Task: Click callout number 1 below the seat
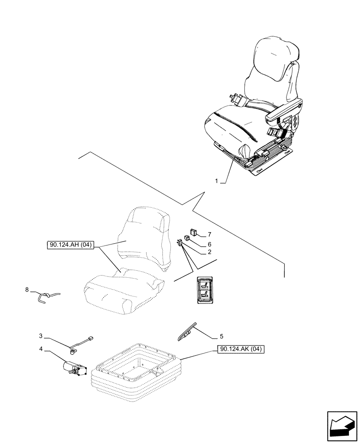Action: [x=216, y=181]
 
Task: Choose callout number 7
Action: [x=209, y=234]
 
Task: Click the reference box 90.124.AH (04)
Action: [x=69, y=245]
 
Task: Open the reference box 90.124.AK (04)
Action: [x=240, y=350]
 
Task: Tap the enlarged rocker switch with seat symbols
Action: [x=205, y=291]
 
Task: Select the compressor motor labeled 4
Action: [x=74, y=369]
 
